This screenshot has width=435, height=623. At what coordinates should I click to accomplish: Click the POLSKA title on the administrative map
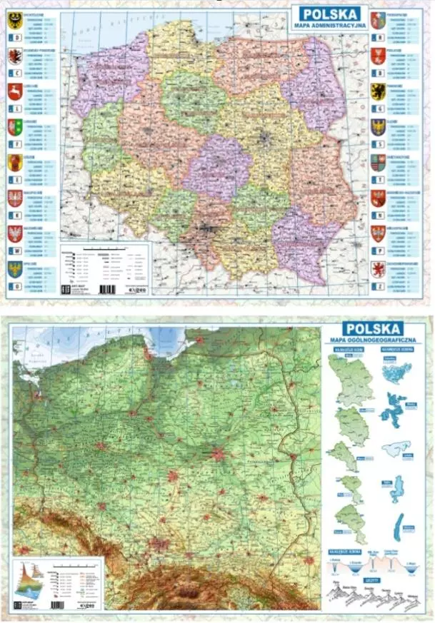click(x=330, y=14)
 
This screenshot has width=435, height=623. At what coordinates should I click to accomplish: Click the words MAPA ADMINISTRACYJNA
click(x=330, y=26)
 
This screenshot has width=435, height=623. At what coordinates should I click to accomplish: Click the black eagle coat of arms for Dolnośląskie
click(x=14, y=21)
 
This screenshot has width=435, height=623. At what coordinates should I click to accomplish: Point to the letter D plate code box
click(x=14, y=36)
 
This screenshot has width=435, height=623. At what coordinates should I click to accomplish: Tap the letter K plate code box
click(x=14, y=213)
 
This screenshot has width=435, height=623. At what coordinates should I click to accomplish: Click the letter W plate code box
click(x=14, y=250)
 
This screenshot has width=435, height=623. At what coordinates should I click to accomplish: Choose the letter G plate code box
click(x=381, y=107)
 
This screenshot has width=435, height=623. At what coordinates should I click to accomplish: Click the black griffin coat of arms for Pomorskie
click(x=379, y=91)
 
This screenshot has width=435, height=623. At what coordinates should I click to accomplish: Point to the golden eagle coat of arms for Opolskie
click(x=14, y=270)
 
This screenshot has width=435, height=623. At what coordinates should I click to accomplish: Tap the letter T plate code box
click(x=381, y=178)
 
